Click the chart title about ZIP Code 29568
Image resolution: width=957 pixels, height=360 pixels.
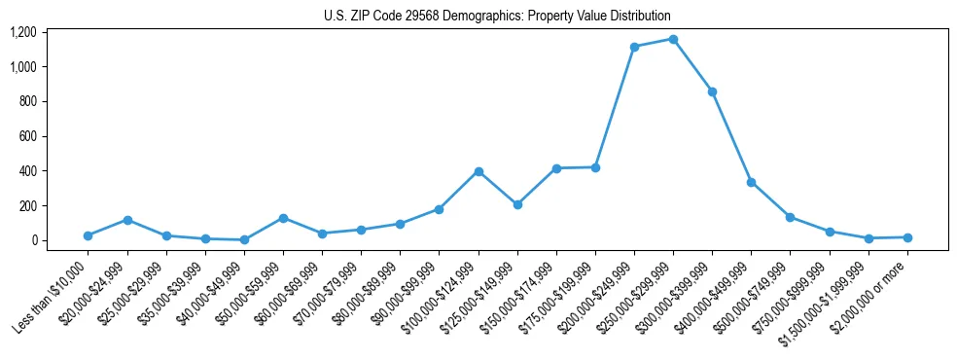click(x=497, y=17)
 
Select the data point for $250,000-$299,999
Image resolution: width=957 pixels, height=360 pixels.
click(x=673, y=39)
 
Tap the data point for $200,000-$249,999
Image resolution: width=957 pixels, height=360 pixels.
click(x=634, y=47)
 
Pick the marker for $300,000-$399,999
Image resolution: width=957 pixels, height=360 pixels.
click(x=712, y=91)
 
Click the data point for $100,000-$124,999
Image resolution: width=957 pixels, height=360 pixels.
click(x=478, y=171)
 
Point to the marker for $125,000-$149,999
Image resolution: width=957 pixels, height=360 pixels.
click(x=517, y=204)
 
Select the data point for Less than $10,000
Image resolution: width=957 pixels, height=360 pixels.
click(x=89, y=235)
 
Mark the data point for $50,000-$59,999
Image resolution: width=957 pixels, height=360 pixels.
click(x=283, y=218)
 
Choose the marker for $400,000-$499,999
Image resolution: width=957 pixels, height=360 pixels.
click(x=751, y=182)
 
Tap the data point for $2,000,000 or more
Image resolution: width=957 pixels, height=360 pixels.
click(x=907, y=237)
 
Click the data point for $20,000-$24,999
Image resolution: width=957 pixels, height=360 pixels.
click(x=127, y=220)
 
